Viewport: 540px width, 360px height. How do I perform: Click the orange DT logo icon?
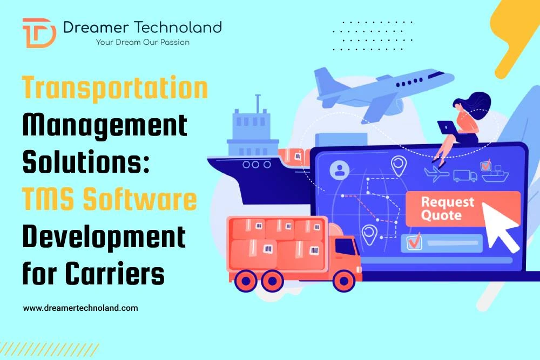pos(39,32)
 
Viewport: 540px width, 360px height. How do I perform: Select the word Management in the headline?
pos(105,126)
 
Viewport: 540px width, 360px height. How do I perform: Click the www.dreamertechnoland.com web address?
pos(80,308)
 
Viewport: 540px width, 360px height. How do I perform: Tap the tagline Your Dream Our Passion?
pos(143,42)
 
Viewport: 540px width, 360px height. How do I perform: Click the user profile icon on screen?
pos(340,170)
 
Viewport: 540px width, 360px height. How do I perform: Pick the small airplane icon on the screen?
pos(436,174)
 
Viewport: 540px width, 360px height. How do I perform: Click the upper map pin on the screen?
pos(399,165)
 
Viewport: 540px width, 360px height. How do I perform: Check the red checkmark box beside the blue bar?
pos(414,242)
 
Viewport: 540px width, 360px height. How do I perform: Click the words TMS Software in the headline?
pos(109,200)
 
